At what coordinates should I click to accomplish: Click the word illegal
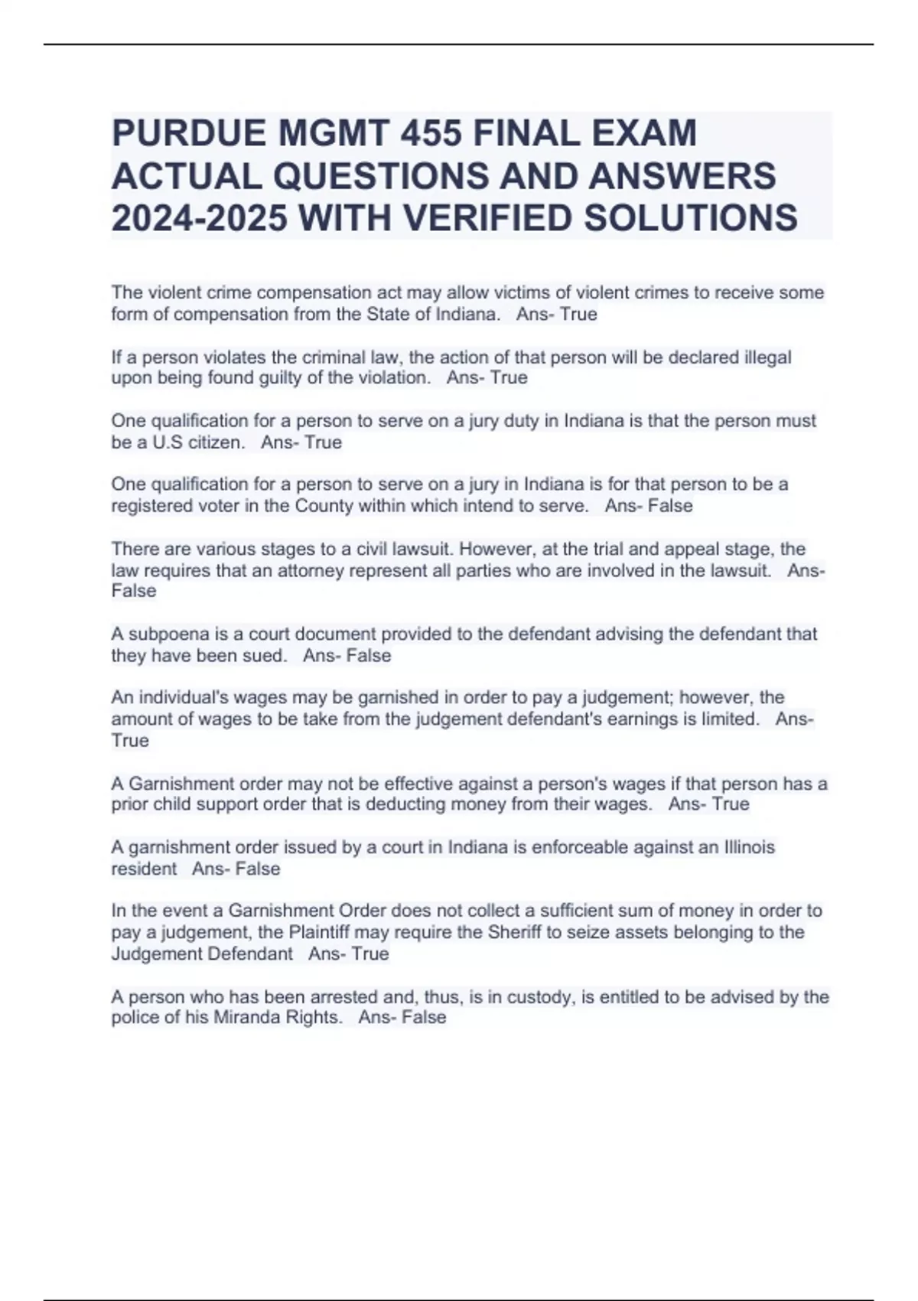[x=767, y=357]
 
